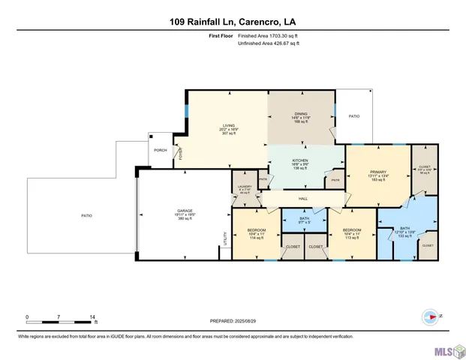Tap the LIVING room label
pos(229,125)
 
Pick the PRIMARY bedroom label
pos(377,172)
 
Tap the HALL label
pos(304,198)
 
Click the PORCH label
pos(160,151)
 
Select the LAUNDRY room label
pos(245,187)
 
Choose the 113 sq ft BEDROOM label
pos(353,230)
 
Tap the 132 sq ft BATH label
pos(405,227)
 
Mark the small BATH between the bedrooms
pos(304,218)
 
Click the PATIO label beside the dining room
pos(355,116)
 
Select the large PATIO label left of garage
pos(87,216)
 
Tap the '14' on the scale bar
pos(93,317)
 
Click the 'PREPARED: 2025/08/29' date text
pos(232,321)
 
